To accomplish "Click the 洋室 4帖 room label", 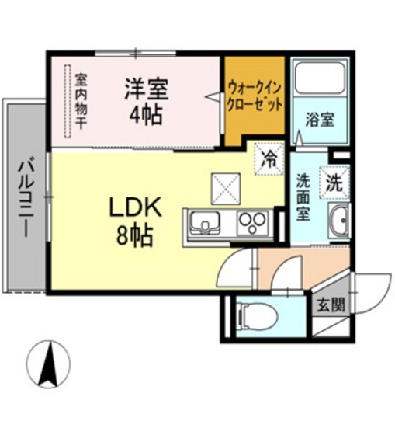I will (x=145, y=101).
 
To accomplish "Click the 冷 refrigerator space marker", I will (x=269, y=160).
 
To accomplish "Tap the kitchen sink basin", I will (x=205, y=224).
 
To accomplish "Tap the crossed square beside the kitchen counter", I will (x=227, y=186).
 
